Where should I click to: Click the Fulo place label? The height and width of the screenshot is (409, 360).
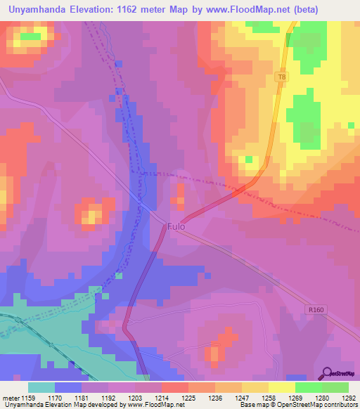(176, 228)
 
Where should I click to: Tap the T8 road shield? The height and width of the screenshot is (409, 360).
(281, 76)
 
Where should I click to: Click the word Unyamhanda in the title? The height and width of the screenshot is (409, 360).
(41, 10)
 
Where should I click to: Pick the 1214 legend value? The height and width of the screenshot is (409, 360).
(161, 397)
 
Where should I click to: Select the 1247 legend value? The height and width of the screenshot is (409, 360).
(241, 397)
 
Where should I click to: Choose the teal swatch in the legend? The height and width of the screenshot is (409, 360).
(41, 387)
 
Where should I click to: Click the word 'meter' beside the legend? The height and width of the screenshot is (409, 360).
(12, 397)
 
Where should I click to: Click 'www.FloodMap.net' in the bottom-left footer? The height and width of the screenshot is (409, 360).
(147, 405)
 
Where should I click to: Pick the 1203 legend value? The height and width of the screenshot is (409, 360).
(134, 397)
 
